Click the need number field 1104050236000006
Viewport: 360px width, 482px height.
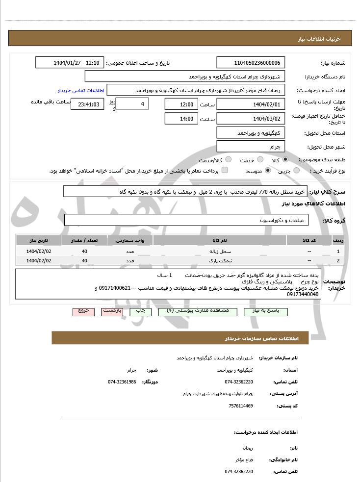click(x=251, y=63)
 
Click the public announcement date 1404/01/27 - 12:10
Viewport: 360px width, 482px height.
click(x=70, y=63)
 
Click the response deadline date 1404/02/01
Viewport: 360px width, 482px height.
click(x=251, y=104)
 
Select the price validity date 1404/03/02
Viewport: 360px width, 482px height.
click(x=251, y=119)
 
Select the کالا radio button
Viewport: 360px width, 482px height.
click(x=285, y=160)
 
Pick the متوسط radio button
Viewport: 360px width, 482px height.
click(x=268, y=171)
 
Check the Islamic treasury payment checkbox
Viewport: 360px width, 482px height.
click(x=225, y=171)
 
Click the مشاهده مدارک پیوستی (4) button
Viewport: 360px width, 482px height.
click(x=197, y=311)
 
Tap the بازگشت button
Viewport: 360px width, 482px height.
click(x=112, y=311)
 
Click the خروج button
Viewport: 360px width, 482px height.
click(x=83, y=311)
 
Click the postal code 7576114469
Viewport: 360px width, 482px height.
click(x=240, y=406)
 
